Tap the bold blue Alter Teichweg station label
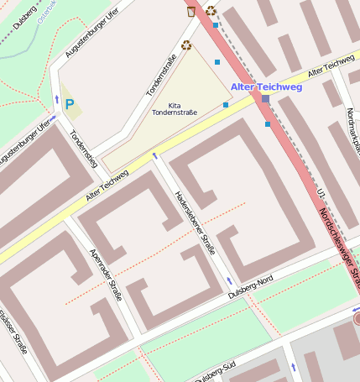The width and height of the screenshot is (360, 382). point(265,86)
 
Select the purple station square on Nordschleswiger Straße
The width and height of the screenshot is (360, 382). point(265,99)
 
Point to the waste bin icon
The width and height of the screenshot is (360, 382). point(192,11)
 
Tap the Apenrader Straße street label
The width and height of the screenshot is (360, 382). point(106,274)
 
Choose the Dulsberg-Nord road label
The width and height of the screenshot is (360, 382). point(251,288)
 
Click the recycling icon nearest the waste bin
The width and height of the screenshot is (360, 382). point(211,11)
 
